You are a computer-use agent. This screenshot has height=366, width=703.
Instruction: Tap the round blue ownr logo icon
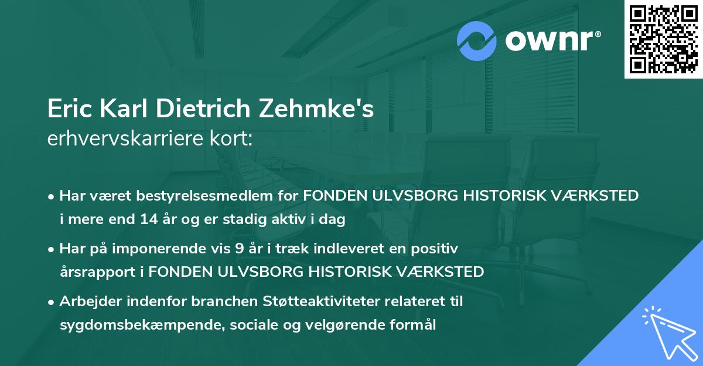(477, 41)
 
